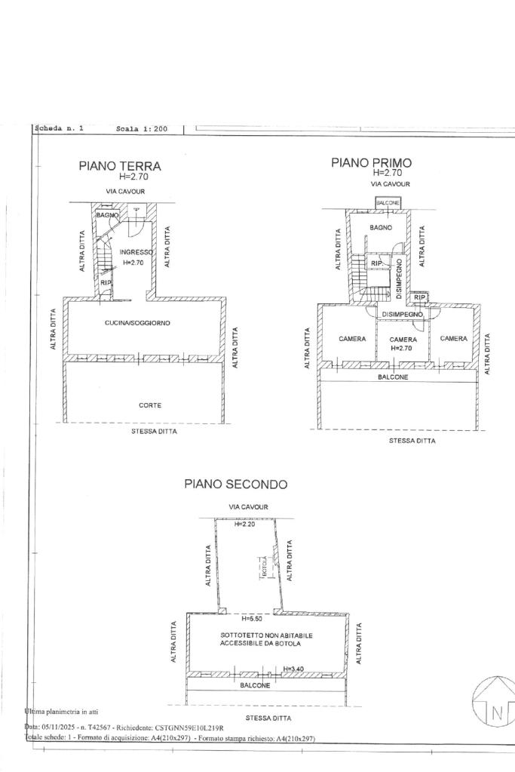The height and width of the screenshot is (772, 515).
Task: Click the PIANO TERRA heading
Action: (x=119, y=166)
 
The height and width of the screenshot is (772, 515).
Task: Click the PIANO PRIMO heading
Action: (x=372, y=162)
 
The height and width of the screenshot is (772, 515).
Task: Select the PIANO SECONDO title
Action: (x=235, y=484)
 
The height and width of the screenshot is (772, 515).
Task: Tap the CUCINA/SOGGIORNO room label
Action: (x=137, y=323)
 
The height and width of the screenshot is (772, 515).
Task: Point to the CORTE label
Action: (x=150, y=405)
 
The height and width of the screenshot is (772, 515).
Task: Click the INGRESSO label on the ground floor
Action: (x=136, y=252)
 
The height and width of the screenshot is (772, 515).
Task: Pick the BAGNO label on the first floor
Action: (x=381, y=227)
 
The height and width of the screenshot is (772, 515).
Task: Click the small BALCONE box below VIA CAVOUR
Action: (x=388, y=203)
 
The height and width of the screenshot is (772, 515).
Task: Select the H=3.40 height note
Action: (x=293, y=669)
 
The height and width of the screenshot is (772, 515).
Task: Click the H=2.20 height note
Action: (x=245, y=524)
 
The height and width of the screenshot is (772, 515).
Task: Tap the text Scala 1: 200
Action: (x=142, y=129)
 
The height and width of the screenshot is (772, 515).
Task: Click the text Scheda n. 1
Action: (x=60, y=129)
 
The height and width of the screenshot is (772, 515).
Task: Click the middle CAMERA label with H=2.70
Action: (x=403, y=340)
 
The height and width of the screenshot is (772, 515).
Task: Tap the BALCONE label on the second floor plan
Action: (x=255, y=685)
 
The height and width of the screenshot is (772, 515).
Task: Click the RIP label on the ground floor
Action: (x=106, y=282)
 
